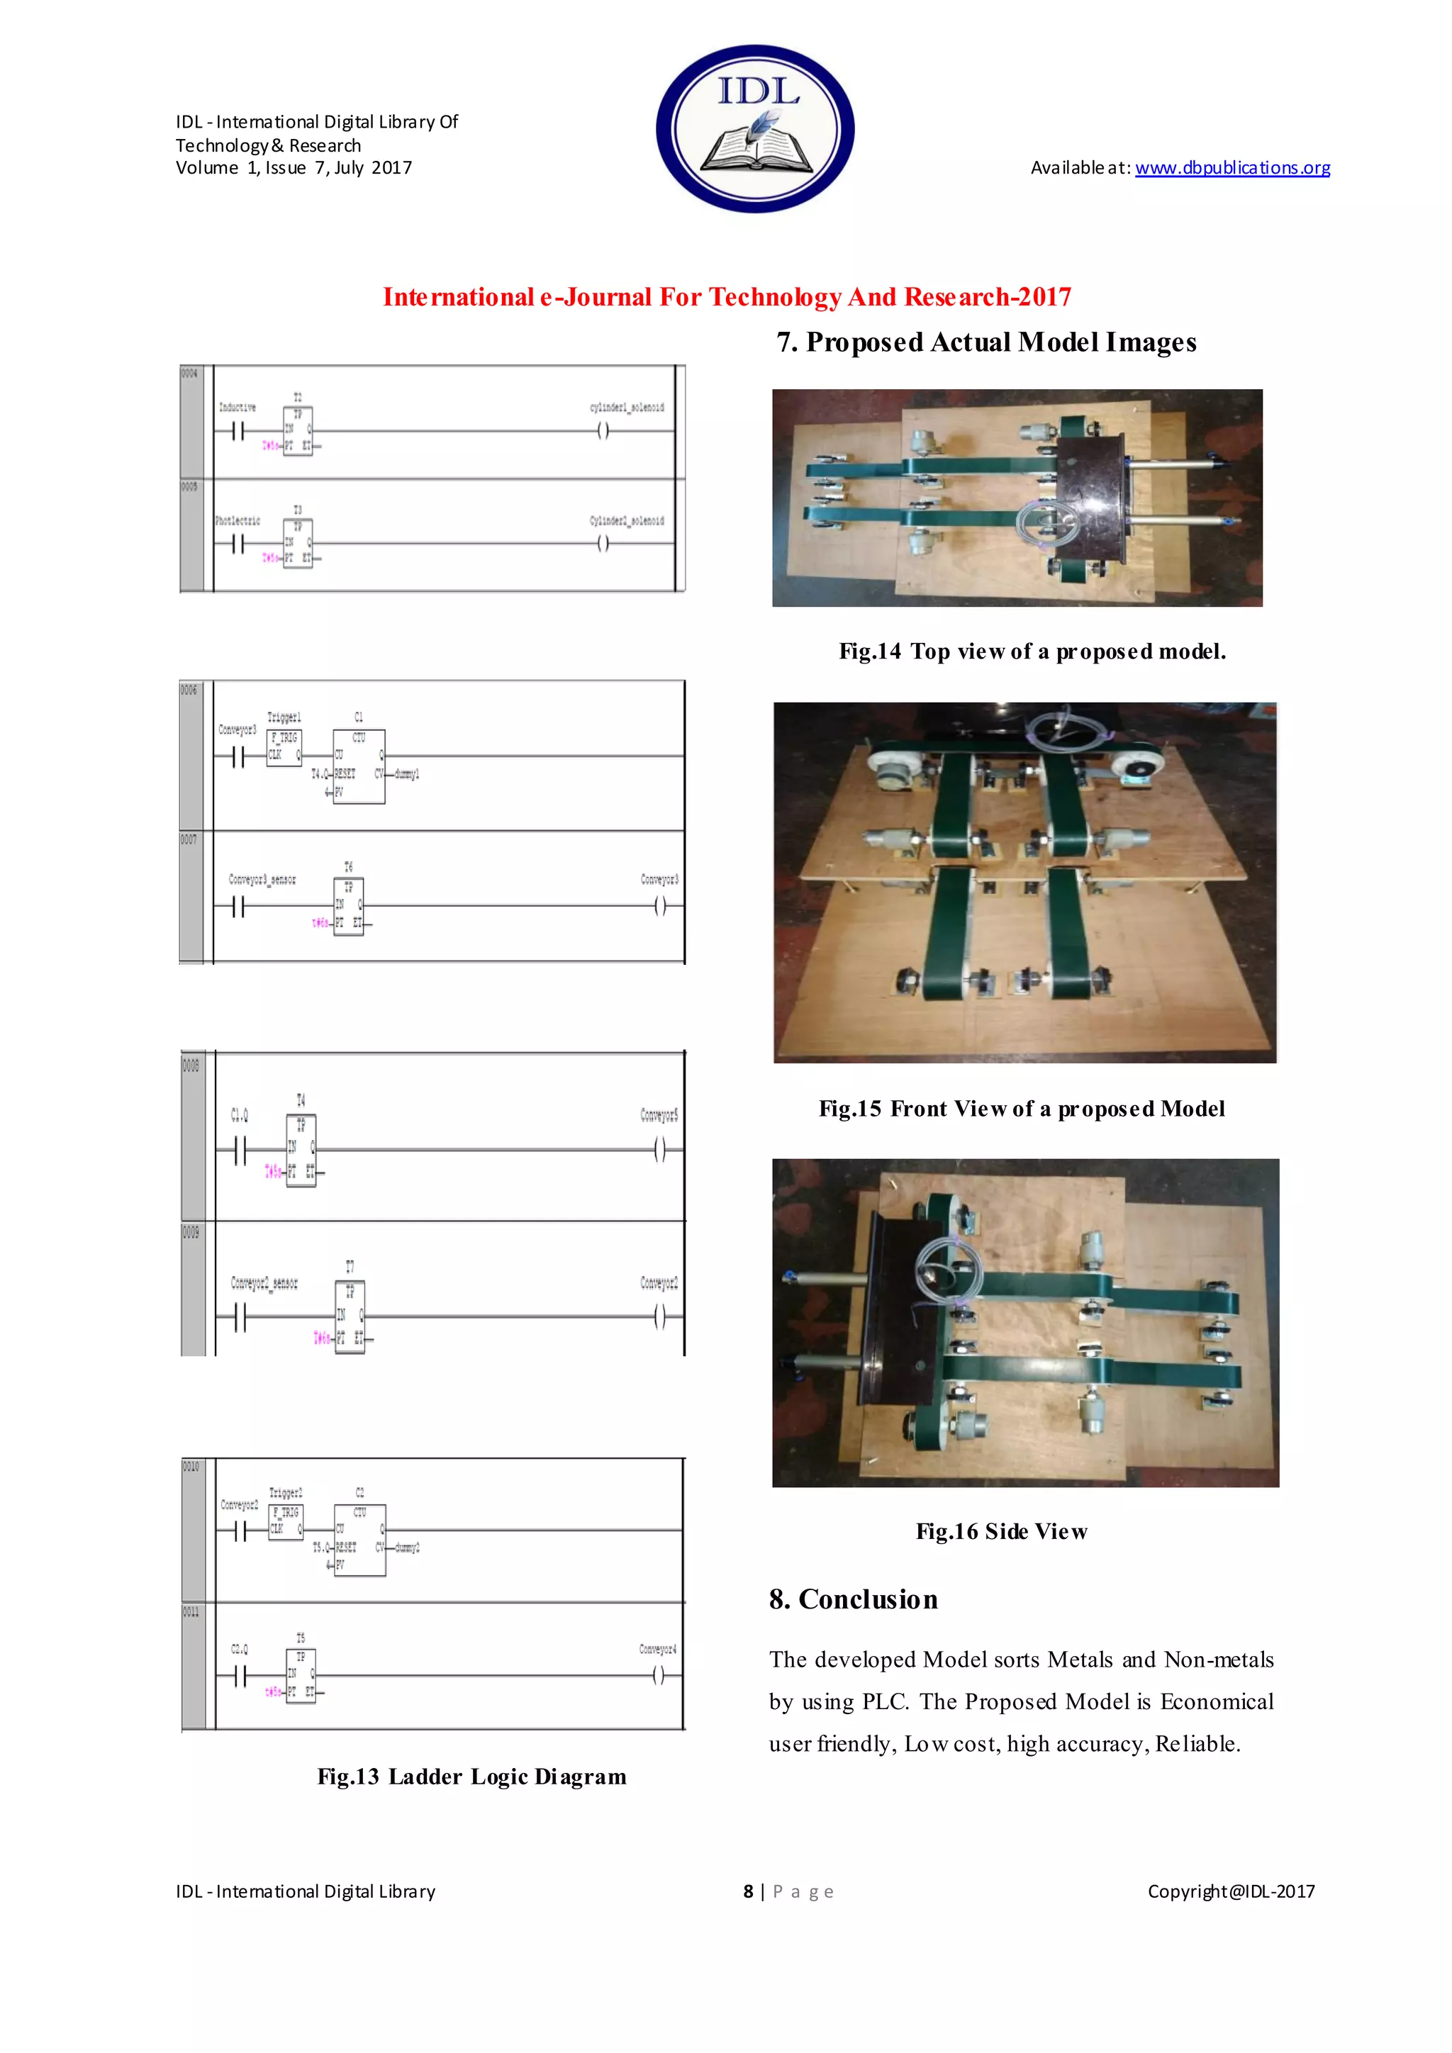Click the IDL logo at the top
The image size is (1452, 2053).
coord(756,128)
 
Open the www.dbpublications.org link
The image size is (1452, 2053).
coord(1232,168)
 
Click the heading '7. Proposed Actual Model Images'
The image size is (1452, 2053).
coord(985,342)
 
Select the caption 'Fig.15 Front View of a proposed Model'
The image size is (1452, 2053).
coord(1021,1109)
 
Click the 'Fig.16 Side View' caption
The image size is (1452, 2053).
coord(1001,1532)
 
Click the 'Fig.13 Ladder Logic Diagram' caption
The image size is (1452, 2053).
coord(471,1777)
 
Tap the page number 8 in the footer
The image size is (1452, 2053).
coord(749,1891)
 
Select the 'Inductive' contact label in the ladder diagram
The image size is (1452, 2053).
coord(237,408)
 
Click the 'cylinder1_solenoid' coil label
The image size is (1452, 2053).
coord(626,408)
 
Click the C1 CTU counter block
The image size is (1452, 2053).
coord(359,766)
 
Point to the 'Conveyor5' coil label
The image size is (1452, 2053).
coord(659,1115)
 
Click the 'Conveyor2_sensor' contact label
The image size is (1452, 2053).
coord(264,1283)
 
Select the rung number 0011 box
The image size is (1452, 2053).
coord(191,1611)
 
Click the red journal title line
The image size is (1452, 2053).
coord(726,297)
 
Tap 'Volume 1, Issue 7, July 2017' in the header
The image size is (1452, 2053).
coord(294,168)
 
